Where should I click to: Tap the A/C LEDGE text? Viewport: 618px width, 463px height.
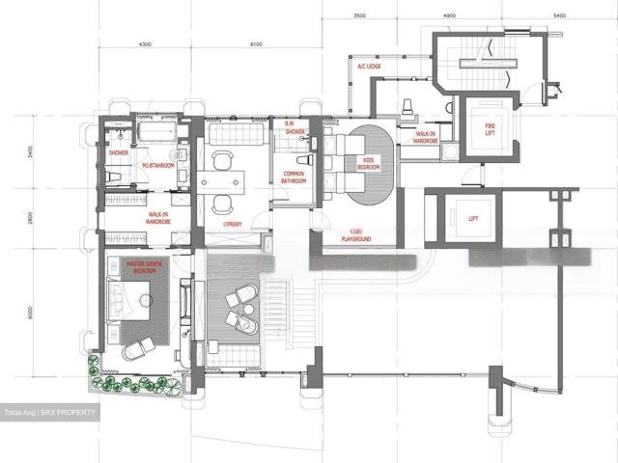[x=368, y=66]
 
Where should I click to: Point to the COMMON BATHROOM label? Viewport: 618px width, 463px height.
[x=294, y=177]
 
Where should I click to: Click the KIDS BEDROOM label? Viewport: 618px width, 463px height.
[x=368, y=165]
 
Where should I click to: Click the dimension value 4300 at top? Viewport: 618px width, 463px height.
[x=147, y=44]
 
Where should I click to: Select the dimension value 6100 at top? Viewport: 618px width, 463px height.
[x=255, y=44]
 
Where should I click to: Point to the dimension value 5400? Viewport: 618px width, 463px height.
[x=559, y=16]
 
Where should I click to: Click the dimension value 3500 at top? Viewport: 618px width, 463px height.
[x=359, y=16]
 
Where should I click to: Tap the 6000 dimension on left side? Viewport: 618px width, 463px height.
[x=30, y=312]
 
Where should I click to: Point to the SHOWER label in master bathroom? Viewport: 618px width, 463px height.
[x=119, y=152]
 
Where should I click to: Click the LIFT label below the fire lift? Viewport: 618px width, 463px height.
[x=472, y=219]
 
